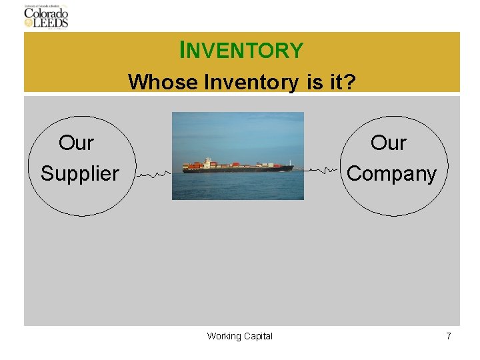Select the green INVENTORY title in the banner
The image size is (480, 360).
pos(241,50)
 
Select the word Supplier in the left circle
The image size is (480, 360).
pos(79,173)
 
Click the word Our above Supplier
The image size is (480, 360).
pos(76,143)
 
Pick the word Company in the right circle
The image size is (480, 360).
pos(391,173)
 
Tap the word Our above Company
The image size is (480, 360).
pos(388,143)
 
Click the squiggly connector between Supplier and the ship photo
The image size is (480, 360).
pos(153,174)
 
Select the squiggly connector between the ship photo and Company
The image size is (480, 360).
pos(323,171)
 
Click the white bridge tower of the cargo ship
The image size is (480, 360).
pos(207,162)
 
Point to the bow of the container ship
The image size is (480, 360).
pos(289,167)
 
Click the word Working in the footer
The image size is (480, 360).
pos(223,336)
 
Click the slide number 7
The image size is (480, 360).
pos(449,336)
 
